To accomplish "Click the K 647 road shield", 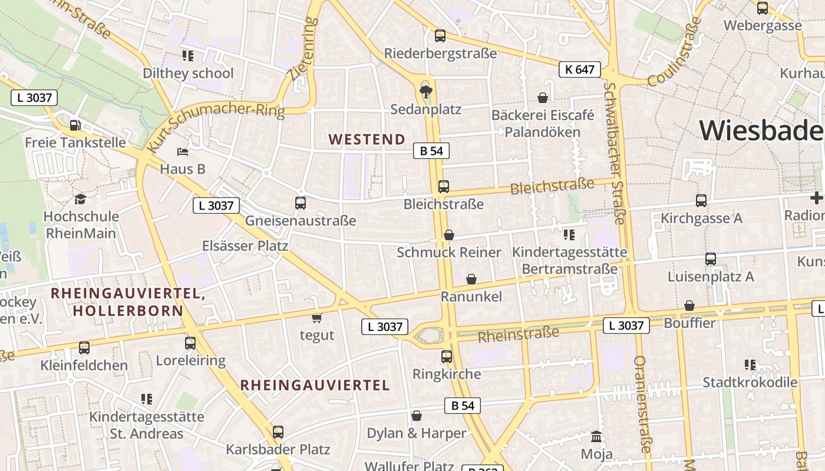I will coord(579,69).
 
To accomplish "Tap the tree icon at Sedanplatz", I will coord(425,91).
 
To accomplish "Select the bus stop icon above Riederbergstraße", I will coord(440,36).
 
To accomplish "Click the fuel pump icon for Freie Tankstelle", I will coord(75,125).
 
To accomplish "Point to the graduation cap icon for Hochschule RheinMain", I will coord(80,199).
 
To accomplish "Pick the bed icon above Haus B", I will coord(183,152).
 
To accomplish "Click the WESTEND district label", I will coord(367,140).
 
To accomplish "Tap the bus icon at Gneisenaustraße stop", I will coord(301,203).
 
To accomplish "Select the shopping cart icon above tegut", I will coord(317,318).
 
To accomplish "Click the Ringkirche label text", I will coord(446,374).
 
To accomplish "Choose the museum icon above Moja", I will coord(596,437).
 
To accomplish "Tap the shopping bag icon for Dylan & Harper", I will coord(417,416).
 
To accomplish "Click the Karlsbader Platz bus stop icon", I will coord(278,432).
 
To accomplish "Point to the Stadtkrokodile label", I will coord(750,382).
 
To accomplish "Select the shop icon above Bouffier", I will coord(689,306).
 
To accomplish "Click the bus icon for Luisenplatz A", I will coord(711,258).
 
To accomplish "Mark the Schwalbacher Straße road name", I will coord(613,153).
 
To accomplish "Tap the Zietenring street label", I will coord(303,48).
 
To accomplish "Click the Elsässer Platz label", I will coord(245,246).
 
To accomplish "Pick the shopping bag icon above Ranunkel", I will coord(471,279).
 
